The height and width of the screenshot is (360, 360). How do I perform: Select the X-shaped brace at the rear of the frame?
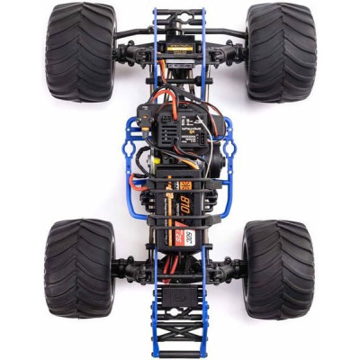coord(179,337)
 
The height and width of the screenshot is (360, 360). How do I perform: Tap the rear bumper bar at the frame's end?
coord(179,352)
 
